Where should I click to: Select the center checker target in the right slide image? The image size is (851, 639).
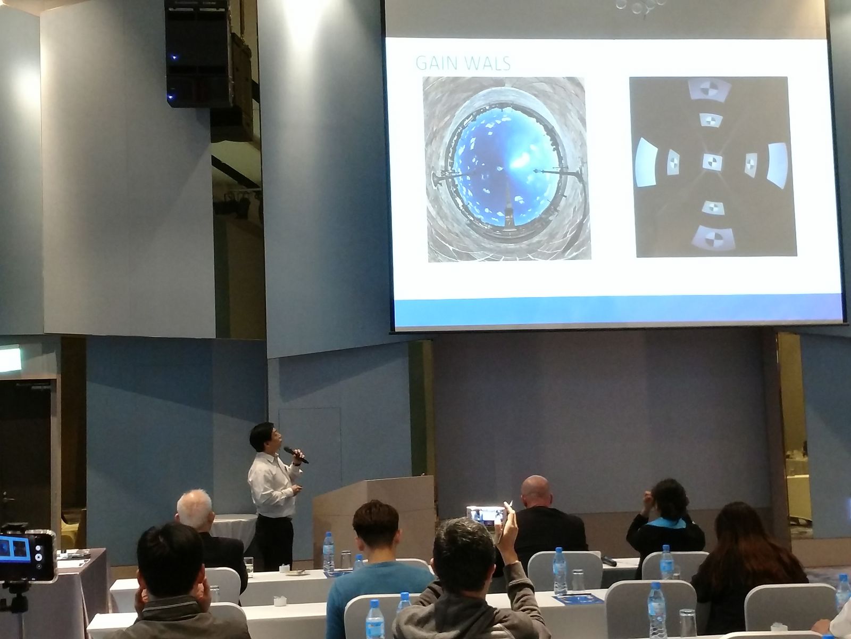tap(713, 162)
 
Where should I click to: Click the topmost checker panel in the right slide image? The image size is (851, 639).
tap(709, 91)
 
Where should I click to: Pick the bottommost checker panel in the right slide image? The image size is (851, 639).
tap(713, 238)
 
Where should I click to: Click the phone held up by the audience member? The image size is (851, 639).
tap(486, 515)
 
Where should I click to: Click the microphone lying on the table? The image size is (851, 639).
tap(608, 561)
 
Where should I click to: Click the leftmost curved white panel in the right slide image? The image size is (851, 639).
tap(646, 162)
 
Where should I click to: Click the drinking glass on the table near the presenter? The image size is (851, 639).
tap(248, 567)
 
